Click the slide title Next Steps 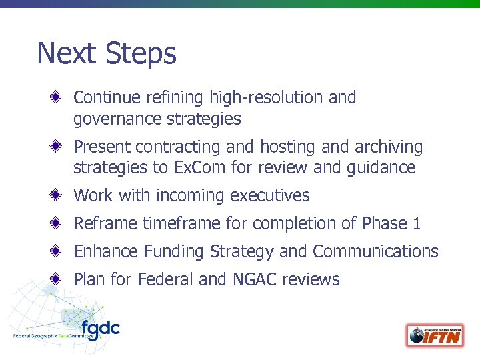pyautogui.click(x=107, y=53)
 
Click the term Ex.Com pyautogui.click(x=199, y=167)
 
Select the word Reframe pyautogui.click(x=105, y=223)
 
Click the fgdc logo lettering pyautogui.click(x=100, y=329)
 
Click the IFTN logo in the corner pyautogui.click(x=435, y=335)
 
